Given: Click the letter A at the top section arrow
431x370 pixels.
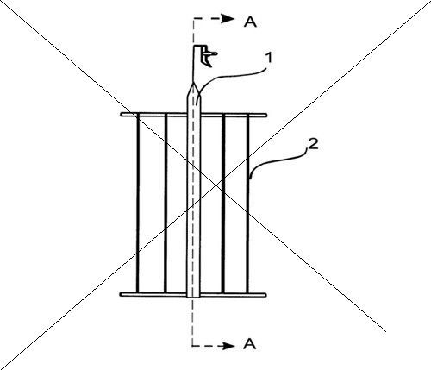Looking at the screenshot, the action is pos(250,22).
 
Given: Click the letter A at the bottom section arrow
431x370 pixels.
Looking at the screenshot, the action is pos(249,344).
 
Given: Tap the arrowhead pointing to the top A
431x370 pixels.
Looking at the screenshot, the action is pos(229,19).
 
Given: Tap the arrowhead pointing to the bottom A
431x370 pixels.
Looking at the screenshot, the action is pos(229,346).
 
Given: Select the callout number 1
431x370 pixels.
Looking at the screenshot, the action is pos(268,59).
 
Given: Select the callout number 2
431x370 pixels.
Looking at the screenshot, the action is pos(313,144).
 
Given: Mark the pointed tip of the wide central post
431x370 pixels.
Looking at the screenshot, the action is pos(193,82).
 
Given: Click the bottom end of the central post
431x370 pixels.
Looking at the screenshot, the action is pos(193,297).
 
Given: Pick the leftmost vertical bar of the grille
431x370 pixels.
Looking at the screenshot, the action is pos(138,204).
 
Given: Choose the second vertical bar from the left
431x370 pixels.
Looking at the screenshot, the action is pos(166,204).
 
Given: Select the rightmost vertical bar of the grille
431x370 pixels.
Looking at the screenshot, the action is pos(247,204).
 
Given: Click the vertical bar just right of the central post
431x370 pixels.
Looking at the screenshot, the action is pos(223,204).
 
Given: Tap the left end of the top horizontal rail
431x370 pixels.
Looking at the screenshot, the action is pos(122,115).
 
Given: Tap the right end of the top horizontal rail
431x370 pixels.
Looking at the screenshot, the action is pos(265,115).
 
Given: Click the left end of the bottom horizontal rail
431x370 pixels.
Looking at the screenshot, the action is pos(121,294).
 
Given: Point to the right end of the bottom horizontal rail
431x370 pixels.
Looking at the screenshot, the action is pos(265,295).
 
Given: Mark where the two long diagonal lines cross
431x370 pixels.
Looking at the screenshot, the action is pos(217,185).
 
